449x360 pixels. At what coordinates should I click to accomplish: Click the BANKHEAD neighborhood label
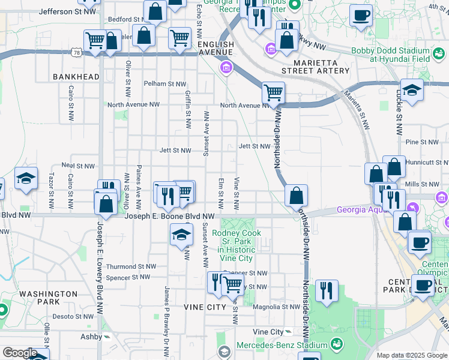pos(76,77)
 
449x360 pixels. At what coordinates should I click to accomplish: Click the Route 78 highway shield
pos(76,53)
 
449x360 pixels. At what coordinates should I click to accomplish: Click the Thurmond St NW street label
pos(131,266)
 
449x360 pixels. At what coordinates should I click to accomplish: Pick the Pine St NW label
pos(420,142)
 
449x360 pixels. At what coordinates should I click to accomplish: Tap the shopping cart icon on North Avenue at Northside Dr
pos(274,92)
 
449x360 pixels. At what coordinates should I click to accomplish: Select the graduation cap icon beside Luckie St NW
pos(412,89)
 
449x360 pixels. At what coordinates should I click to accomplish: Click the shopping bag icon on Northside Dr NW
pos(296,195)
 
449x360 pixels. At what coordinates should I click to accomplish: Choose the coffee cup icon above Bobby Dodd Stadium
pos(361,15)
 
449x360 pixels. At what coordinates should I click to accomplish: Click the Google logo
pos(19,353)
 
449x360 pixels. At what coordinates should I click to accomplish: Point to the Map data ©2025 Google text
pos(411,355)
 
